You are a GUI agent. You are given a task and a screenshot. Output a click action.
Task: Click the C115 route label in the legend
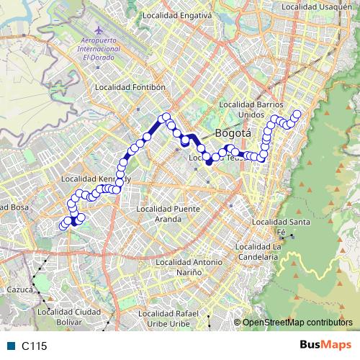pyautogui.click(x=34, y=346)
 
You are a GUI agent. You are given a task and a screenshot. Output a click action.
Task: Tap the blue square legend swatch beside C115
pyautogui.click(x=10, y=346)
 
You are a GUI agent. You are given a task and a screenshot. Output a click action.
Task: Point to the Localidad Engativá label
pyautogui.click(x=176, y=14)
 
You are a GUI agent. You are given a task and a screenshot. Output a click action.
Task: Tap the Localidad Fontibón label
pyautogui.click(x=131, y=87)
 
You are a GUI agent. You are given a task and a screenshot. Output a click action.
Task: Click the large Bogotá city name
pyautogui.click(x=233, y=133)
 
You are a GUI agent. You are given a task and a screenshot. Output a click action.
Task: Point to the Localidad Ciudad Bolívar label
pyautogui.click(x=68, y=316)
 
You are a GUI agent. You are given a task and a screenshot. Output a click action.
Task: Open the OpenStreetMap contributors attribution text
pyautogui.click(x=299, y=323)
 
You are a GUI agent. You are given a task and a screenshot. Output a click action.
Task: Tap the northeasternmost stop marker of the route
pyautogui.click(x=297, y=114)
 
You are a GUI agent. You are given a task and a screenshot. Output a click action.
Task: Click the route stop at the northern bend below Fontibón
pyautogui.click(x=166, y=117)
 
